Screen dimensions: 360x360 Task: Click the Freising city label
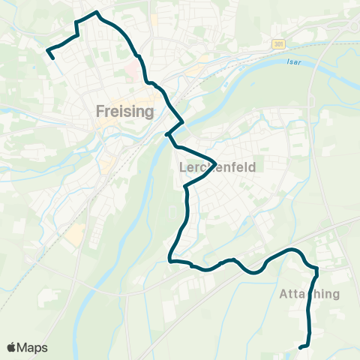tap(125, 112)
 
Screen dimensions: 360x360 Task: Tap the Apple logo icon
tap(12, 347)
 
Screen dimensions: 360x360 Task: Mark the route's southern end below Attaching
tap(300, 347)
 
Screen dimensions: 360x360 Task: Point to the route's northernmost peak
tap(95, 12)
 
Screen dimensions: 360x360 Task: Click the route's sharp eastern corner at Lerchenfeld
tap(216, 163)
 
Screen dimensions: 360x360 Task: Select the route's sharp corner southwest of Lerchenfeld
tap(171, 261)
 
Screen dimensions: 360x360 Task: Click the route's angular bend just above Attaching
tap(316, 268)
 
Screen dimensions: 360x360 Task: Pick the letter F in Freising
tap(100, 112)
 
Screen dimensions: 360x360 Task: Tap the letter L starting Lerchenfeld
tap(182, 169)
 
